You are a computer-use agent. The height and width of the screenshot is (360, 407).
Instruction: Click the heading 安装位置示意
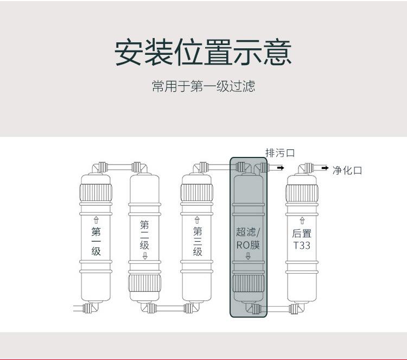[x=203, y=52]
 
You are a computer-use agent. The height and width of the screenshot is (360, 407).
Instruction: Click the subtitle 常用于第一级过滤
[x=203, y=86]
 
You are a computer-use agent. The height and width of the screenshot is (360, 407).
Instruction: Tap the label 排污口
[x=279, y=153]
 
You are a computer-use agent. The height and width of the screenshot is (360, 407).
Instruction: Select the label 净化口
[x=347, y=170]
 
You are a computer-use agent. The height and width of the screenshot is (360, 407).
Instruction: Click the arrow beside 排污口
[x=280, y=168]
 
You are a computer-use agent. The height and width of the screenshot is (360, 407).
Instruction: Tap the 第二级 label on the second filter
[x=145, y=235]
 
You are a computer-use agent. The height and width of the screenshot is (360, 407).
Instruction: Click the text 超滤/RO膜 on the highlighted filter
[x=248, y=238]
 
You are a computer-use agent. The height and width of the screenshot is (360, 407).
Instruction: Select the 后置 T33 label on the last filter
[x=302, y=239]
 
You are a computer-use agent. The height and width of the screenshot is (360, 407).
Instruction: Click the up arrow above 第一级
[x=96, y=220]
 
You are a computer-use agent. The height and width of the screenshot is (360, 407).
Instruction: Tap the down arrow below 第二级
[x=145, y=256]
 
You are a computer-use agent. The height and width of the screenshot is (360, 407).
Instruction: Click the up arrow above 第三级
[x=198, y=220]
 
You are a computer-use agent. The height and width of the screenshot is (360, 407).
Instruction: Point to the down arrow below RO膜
[x=248, y=257]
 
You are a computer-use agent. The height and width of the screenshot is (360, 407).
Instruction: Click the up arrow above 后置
[x=302, y=221]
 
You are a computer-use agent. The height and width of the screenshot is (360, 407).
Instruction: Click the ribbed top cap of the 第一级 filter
[x=96, y=192]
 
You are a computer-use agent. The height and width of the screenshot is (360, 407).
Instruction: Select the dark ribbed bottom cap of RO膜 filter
[x=248, y=285]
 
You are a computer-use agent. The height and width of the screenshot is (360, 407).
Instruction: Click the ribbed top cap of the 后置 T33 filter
[x=302, y=192]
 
